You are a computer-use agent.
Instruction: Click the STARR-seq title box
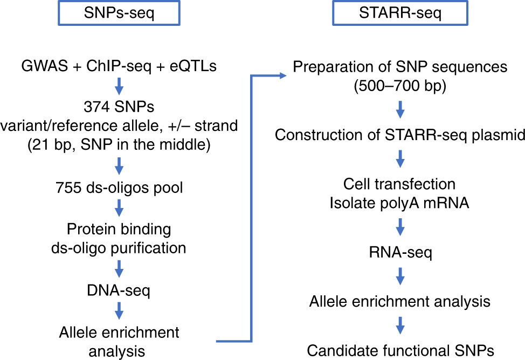[399, 13]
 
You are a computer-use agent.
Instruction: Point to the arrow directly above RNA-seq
[399, 227]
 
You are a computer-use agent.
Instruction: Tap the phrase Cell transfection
[399, 184]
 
